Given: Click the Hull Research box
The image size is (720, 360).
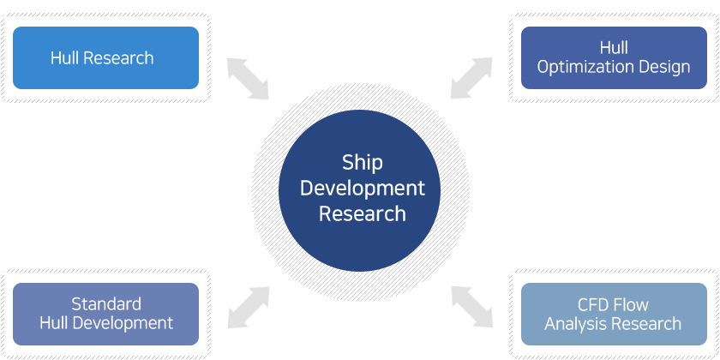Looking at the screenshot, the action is [x=105, y=58].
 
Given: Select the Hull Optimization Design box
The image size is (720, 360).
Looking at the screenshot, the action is [x=614, y=58].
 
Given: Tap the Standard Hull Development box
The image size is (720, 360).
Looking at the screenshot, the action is [x=105, y=314].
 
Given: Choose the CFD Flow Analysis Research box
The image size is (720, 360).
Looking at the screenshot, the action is [x=614, y=314].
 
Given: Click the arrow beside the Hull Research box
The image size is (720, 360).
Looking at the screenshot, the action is [x=248, y=79].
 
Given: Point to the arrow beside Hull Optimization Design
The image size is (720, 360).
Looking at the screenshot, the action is [x=471, y=78].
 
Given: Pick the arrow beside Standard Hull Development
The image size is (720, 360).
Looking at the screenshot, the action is [x=249, y=308].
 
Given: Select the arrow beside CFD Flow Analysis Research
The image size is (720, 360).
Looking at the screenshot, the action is [x=472, y=307].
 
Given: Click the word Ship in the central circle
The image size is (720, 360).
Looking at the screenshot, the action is [x=363, y=164].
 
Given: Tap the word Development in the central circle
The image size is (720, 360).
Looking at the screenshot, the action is [x=363, y=189].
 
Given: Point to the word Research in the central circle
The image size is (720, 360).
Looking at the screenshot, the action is [x=363, y=214].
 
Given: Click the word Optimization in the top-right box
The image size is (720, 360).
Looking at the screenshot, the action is [x=580, y=68].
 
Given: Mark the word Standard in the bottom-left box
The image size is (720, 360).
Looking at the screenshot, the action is [x=106, y=304].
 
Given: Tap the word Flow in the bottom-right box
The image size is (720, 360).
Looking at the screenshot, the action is [x=631, y=304].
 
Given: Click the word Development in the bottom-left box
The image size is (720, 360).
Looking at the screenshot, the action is [x=123, y=323].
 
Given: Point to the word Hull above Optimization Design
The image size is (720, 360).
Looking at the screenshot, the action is [x=614, y=48].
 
